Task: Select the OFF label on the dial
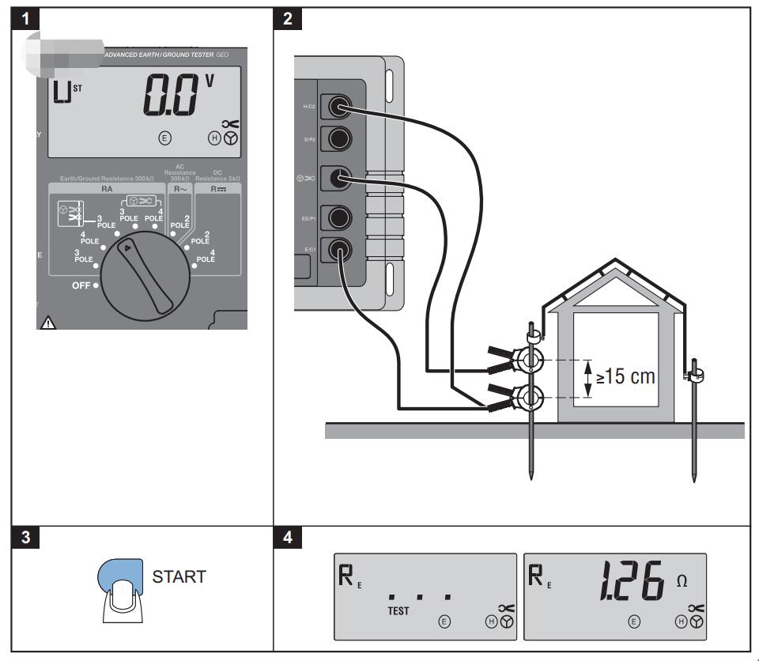pyautogui.click(x=81, y=285)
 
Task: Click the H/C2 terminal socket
pyautogui.click(x=339, y=104)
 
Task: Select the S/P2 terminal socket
pyautogui.click(x=339, y=138)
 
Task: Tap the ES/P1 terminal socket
pyautogui.click(x=339, y=216)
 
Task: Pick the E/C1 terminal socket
pyautogui.click(x=339, y=251)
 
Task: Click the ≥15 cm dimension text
pyautogui.click(x=625, y=376)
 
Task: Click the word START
pyautogui.click(x=179, y=576)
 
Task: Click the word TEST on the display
pyautogui.click(x=399, y=611)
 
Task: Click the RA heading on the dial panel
pyautogui.click(x=107, y=191)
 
